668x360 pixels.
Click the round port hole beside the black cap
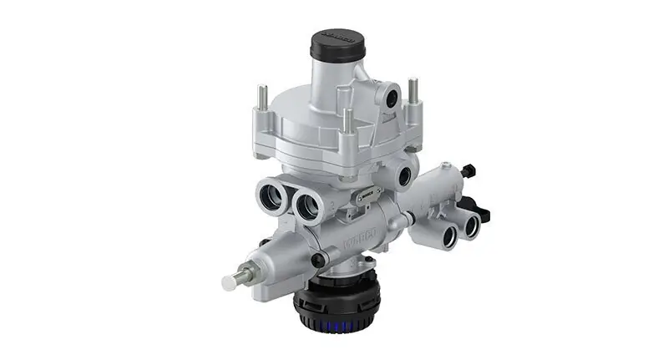(389, 95)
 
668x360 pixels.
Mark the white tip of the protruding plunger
(229, 282)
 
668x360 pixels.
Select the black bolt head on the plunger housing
(317, 261)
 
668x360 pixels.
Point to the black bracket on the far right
(478, 204)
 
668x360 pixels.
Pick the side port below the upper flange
(407, 176)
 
